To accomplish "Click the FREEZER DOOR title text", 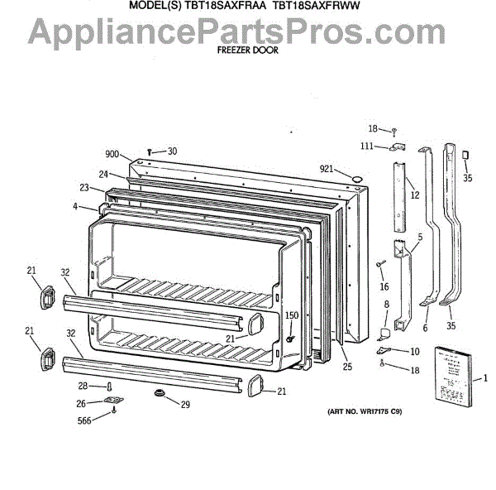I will pyautogui.click(x=247, y=49).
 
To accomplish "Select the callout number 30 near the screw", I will pyautogui.click(x=172, y=151).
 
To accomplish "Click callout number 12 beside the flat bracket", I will pyautogui.click(x=414, y=195).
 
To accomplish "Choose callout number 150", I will pyautogui.click(x=292, y=315).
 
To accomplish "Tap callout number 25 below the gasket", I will pyautogui.click(x=347, y=367).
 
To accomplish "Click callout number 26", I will pyautogui.click(x=81, y=404).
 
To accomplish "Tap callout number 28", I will pyautogui.click(x=83, y=386).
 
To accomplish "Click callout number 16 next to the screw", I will pyautogui.click(x=384, y=286).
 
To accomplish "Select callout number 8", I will pyautogui.click(x=386, y=305).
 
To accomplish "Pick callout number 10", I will pyautogui.click(x=414, y=352).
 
